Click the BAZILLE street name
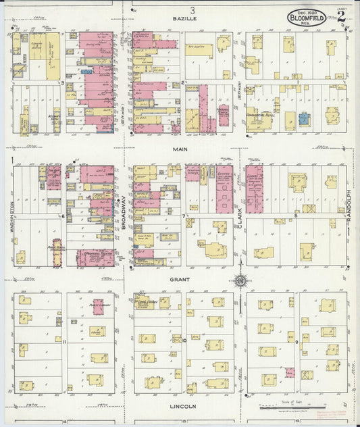[184, 20]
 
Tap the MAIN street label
[180, 149]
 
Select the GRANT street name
[180, 278]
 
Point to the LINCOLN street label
[183, 406]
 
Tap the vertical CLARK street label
[239, 215]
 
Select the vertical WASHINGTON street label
[11, 215]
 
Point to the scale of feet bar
[284, 407]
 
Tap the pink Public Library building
[57, 246]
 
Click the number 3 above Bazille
[192, 9]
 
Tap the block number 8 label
[295, 216]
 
